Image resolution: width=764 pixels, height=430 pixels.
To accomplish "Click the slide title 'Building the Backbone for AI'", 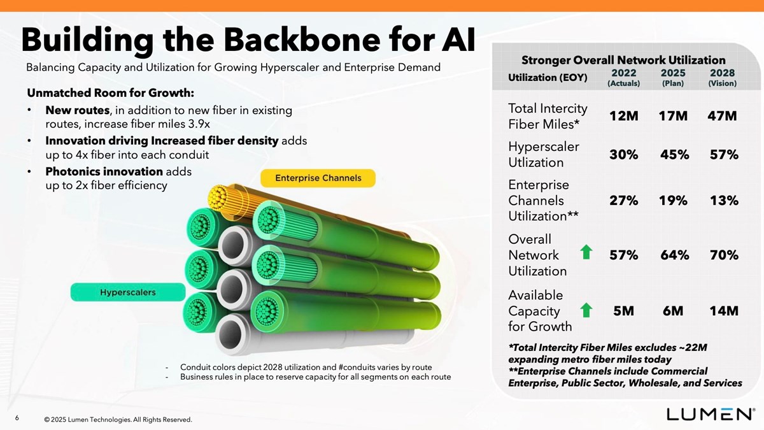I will tap(248, 39).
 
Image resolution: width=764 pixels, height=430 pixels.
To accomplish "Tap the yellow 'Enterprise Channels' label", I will tap(318, 178).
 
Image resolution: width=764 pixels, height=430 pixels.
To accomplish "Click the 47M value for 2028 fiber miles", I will tap(722, 116).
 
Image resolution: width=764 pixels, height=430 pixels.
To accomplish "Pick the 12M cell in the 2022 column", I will tap(623, 116).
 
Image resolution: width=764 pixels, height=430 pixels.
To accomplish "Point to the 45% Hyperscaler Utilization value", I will tap(674, 155).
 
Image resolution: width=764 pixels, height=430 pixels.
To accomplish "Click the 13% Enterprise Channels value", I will tap(723, 200).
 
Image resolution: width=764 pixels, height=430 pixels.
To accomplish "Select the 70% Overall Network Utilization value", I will tap(723, 255).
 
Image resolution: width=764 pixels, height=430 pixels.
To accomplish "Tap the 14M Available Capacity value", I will tap(723, 311).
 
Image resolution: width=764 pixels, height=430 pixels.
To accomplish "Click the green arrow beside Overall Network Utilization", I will tap(586, 254).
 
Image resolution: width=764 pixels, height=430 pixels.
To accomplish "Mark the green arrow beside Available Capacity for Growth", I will tap(586, 310).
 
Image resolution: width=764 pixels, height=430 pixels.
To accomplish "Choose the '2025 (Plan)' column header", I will tap(673, 78).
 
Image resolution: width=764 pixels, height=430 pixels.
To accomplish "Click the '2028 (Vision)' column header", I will tap(723, 78).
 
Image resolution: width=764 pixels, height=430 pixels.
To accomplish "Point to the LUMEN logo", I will tap(711, 413).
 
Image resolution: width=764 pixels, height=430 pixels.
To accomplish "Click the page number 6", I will tap(17, 418).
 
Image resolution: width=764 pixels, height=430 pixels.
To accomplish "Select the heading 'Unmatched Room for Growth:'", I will tap(110, 92).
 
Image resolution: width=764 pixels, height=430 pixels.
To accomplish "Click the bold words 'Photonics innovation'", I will tap(104, 171).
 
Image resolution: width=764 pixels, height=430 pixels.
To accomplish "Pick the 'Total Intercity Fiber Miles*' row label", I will tap(548, 116).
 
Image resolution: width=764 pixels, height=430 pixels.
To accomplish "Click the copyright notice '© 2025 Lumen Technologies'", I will tap(118, 420).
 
